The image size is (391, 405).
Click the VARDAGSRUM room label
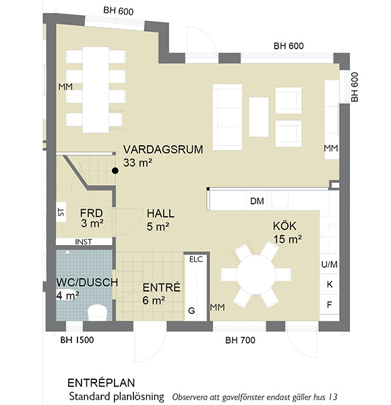[163, 150]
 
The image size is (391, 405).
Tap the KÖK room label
[284, 226]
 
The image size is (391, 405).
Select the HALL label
[160, 213]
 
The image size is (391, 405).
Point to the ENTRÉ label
[161, 288]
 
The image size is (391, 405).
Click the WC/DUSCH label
[87, 282]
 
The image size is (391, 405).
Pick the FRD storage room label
[91, 213]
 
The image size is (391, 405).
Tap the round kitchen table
[256, 274]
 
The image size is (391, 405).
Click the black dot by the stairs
[115, 171]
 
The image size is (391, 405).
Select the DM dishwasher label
[257, 201]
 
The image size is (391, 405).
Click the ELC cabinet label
[196, 259]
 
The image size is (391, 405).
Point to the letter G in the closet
[191, 310]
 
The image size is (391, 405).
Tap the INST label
[84, 242]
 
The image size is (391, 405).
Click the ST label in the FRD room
[61, 212]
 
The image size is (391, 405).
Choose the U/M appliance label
[330, 264]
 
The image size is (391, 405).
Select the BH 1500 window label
[77, 340]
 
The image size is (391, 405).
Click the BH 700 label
[240, 340]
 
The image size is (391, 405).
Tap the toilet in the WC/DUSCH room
[97, 313]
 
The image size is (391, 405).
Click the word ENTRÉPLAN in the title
[101, 383]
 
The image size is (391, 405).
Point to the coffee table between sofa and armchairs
[258, 117]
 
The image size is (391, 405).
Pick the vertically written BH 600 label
[355, 87]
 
